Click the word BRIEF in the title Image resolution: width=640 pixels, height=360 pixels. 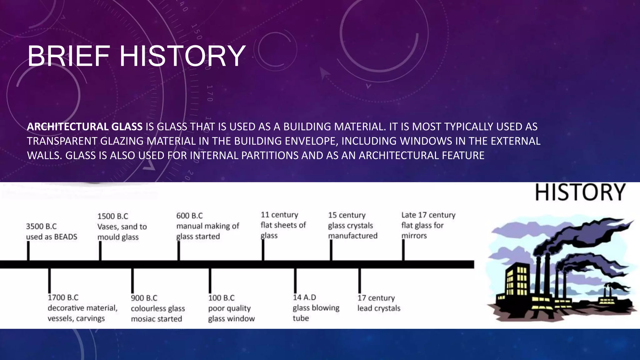(x=68, y=56)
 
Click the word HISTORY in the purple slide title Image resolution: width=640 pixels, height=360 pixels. (x=182, y=56)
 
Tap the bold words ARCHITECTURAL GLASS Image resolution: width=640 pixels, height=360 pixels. (x=85, y=127)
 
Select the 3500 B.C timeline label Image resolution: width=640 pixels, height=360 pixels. (x=41, y=226)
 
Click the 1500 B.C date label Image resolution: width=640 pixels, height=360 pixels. (x=113, y=216)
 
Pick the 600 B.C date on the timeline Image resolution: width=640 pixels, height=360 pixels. (x=189, y=216)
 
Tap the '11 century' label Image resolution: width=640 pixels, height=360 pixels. (x=279, y=215)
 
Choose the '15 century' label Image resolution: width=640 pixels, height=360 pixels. (x=347, y=215)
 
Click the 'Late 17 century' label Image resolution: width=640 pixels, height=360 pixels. (x=428, y=215)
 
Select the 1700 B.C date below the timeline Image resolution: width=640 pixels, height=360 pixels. (x=63, y=297)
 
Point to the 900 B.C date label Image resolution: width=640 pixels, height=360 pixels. (x=144, y=298)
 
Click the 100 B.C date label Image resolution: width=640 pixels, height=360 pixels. (x=221, y=298)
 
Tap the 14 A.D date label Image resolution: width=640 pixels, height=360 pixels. (x=304, y=297)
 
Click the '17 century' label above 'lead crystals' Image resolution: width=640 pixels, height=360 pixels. (x=376, y=298)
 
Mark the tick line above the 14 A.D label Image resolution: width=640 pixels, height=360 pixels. (x=295, y=280)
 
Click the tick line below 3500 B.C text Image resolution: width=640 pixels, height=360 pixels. (x=28, y=251)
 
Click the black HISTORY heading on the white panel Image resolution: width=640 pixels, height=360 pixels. (x=580, y=192)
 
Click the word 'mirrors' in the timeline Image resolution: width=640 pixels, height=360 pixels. (x=414, y=236)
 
